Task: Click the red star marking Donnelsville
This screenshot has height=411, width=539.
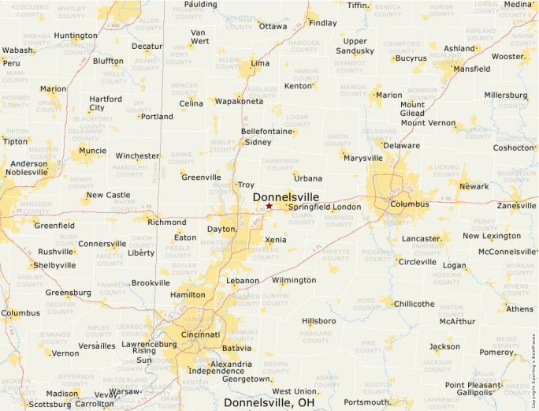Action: pyautogui.click(x=269, y=206)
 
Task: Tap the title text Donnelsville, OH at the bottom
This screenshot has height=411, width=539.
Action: pyautogui.click(x=269, y=402)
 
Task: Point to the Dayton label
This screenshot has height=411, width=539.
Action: pyautogui.click(x=221, y=229)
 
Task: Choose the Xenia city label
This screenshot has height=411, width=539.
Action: pyautogui.click(x=276, y=239)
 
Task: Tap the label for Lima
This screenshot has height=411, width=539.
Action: pyautogui.click(x=259, y=63)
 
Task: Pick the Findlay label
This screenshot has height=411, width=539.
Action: pyautogui.click(x=322, y=23)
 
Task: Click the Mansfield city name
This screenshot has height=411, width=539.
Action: pyautogui.click(x=470, y=69)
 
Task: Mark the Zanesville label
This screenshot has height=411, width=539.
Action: pyautogui.click(x=516, y=205)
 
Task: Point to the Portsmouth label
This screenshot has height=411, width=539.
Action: pyautogui.click(x=366, y=402)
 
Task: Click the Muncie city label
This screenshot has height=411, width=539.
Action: pyautogui.click(x=92, y=150)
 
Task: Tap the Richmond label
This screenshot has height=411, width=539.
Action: pyautogui.click(x=167, y=222)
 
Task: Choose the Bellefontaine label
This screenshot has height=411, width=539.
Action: pyautogui.click(x=267, y=131)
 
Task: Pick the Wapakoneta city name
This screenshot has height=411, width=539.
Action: pyautogui.click(x=239, y=102)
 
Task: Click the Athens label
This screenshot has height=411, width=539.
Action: pyautogui.click(x=519, y=308)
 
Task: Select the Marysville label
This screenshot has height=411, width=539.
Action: pyautogui.click(x=363, y=158)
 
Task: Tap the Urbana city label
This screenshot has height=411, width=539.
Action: pyautogui.click(x=308, y=178)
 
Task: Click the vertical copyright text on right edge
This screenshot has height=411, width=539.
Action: pyautogui.click(x=533, y=371)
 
